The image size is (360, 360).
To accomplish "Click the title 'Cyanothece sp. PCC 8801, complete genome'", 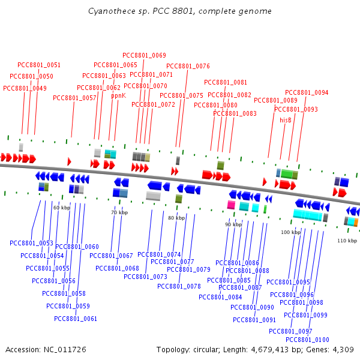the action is (180, 11).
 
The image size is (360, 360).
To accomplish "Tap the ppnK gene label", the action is (118, 95).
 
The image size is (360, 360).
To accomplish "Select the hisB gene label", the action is (286, 120).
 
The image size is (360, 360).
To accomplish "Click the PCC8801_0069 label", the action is (144, 55).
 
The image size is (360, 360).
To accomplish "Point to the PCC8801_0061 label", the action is (76, 319).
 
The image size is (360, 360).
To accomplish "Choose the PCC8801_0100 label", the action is (307, 340).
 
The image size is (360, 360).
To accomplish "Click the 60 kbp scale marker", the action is (62, 208).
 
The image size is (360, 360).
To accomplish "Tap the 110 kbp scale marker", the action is (347, 241).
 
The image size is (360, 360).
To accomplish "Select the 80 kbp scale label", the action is (176, 218).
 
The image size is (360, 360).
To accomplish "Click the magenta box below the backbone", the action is (231, 205).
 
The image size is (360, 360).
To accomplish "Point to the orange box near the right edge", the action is (356, 222).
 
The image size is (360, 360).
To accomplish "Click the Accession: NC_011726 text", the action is (46, 350).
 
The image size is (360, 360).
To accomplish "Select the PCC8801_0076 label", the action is (188, 66).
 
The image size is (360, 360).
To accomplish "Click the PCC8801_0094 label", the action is (307, 92).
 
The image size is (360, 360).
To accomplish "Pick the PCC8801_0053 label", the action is (31, 243).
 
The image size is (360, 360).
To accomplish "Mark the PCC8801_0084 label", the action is (220, 297).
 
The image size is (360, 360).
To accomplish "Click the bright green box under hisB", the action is (287, 174).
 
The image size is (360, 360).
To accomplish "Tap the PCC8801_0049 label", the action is (25, 88).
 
